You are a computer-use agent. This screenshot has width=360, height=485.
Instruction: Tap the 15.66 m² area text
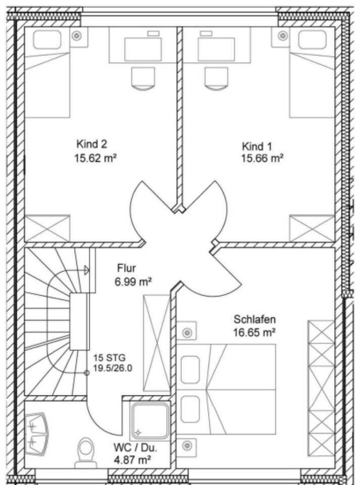coord(262,158)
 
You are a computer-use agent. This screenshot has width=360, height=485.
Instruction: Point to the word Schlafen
coord(254,319)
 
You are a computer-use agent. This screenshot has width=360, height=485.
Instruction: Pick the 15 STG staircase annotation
coord(106,358)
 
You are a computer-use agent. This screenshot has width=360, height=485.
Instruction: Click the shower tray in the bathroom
coord(149,421)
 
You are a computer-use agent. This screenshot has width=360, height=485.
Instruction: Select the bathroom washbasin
coord(37,433)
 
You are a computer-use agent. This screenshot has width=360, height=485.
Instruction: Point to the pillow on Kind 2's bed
coord(46,40)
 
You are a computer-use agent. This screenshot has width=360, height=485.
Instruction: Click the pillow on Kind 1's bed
coord(312,40)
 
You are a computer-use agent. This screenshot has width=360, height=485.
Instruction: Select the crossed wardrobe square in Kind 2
coord(47,228)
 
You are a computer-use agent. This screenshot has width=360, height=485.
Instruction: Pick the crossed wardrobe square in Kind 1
coord(312,228)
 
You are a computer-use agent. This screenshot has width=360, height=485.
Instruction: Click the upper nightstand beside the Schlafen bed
coord(187,332)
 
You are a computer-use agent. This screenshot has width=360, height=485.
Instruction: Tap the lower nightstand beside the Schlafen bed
coord(187,446)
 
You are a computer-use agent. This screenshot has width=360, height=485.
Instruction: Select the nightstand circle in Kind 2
coord(77,36)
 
